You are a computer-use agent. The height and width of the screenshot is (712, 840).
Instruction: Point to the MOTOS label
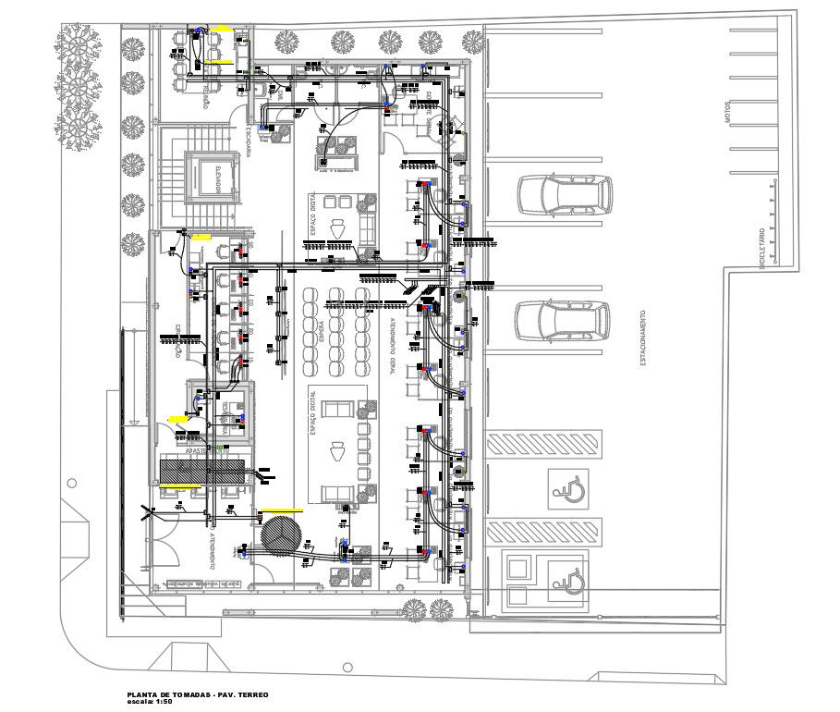[729, 113]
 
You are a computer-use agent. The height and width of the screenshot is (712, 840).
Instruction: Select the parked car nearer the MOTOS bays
[564, 193]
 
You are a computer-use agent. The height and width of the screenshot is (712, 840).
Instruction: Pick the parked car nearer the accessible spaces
[564, 320]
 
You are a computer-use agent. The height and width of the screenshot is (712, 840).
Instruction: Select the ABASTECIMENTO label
[204, 451]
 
